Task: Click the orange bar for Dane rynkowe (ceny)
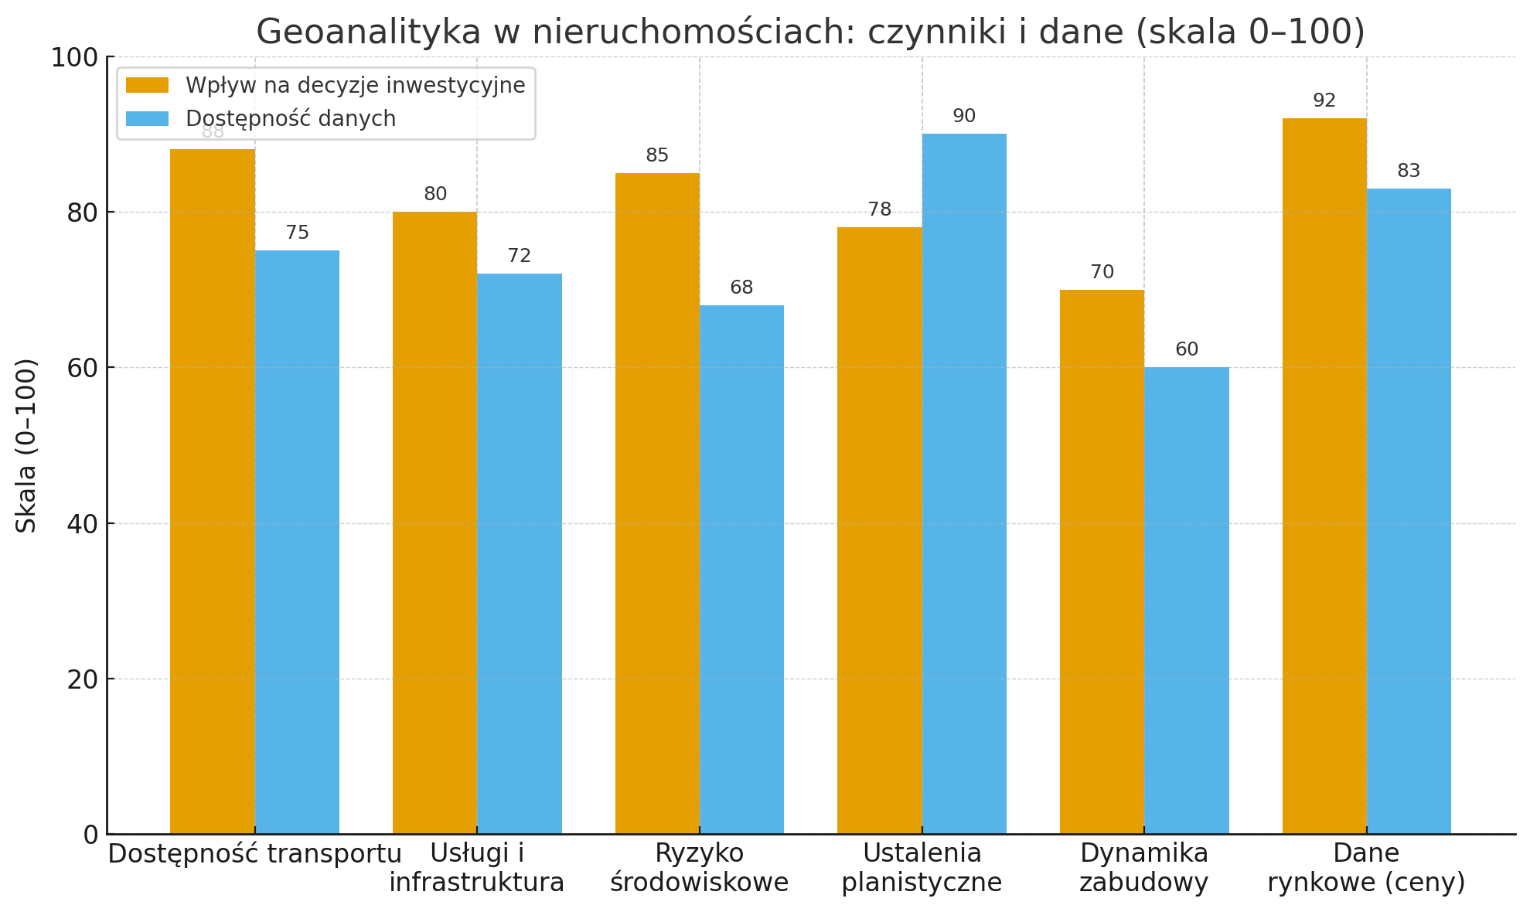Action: (1324, 475)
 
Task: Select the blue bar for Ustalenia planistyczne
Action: (964, 483)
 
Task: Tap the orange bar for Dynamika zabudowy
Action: (1102, 561)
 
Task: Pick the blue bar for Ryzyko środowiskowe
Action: (741, 569)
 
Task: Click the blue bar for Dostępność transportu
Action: (297, 542)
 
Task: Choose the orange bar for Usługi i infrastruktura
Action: (434, 522)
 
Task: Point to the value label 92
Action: (1324, 101)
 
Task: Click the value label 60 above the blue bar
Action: (1187, 349)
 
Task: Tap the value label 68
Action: (741, 288)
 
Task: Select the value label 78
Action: (880, 209)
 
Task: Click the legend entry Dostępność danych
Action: (291, 119)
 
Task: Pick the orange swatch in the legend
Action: (147, 85)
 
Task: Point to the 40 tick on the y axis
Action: (83, 524)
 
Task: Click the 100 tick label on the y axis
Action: (74, 58)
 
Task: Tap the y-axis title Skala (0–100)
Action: (26, 445)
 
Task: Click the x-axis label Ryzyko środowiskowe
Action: (699, 867)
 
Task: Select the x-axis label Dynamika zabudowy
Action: (1143, 867)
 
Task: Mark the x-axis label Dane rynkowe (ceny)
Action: (1366, 867)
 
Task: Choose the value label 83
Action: (1409, 171)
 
